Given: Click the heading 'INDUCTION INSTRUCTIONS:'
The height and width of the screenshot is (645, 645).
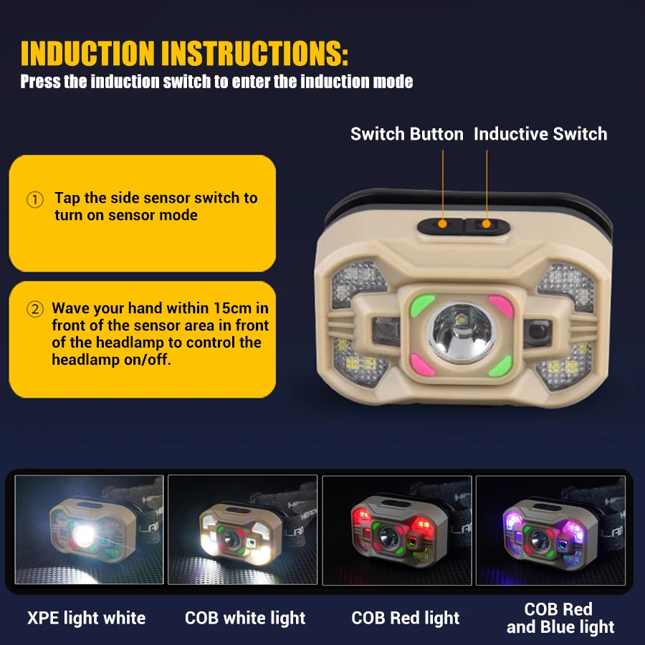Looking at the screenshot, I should (x=184, y=53).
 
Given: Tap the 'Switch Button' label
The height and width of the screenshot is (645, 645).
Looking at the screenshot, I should (x=406, y=134).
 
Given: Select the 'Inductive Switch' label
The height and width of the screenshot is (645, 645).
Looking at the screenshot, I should (x=540, y=134).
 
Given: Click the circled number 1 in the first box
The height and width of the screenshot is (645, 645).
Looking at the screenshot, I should (x=35, y=199).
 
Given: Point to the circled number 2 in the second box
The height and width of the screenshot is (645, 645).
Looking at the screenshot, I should (x=35, y=310).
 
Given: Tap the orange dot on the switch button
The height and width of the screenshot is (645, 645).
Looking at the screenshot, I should (x=443, y=224).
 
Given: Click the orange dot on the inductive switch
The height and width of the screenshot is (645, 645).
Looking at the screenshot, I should (x=487, y=224).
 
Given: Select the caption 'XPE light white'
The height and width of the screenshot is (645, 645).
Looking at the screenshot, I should (x=86, y=618).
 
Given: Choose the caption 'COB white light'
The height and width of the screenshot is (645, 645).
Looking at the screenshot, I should (x=245, y=618).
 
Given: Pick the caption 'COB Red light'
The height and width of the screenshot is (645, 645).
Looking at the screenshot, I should (x=406, y=618).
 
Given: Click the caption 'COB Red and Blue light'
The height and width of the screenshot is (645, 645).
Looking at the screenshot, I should (x=560, y=618).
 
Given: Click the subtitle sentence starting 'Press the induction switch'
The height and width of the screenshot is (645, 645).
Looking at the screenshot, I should (x=216, y=82).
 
